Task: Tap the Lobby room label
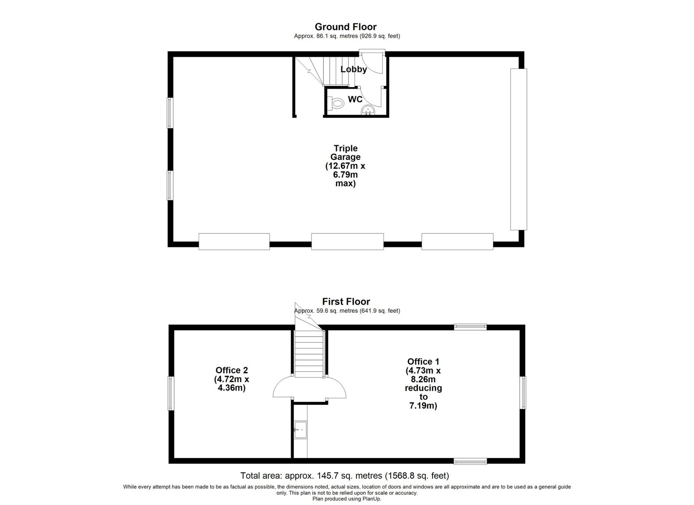tap(354, 69)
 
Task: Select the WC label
tap(355, 99)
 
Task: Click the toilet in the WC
tap(336, 103)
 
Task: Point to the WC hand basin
tap(368, 110)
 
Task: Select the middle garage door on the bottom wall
tap(347, 242)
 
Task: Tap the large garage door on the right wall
tap(519, 149)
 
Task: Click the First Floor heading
tap(346, 302)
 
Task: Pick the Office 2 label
tap(232, 379)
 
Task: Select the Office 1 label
tap(423, 384)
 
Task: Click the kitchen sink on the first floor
tap(301, 430)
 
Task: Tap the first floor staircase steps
tap(309, 354)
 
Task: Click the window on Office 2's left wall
tap(171, 393)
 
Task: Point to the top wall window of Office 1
tap(470, 327)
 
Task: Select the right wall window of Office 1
tap(523, 393)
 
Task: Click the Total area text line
tap(345, 475)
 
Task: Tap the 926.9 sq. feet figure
tap(380, 36)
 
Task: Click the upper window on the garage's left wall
tap(170, 113)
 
